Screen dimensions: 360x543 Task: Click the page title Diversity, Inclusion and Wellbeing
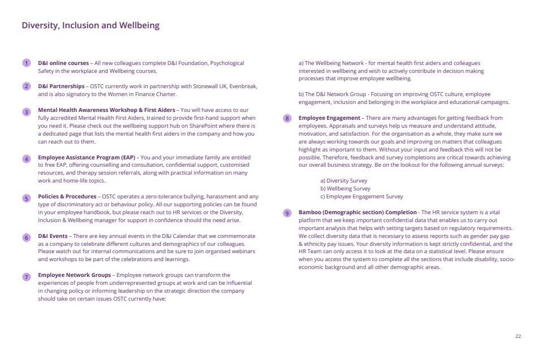click(x=90, y=25)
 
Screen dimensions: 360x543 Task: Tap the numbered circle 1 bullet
click(x=26, y=63)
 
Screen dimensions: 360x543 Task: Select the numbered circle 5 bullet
click(x=26, y=198)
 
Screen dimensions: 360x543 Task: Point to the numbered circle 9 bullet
click(x=287, y=214)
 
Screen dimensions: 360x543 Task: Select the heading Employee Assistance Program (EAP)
click(x=87, y=157)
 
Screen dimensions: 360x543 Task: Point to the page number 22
click(x=518, y=336)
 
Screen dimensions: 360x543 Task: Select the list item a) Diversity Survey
click(x=344, y=181)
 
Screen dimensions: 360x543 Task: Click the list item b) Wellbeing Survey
click(x=346, y=189)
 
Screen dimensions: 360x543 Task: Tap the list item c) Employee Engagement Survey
click(x=361, y=197)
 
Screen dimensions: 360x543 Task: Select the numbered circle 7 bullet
click(x=26, y=277)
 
